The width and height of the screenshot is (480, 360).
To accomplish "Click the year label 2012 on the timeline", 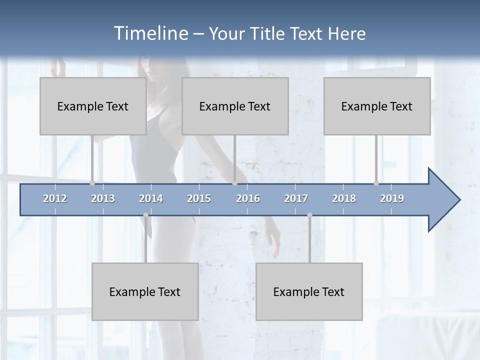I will tap(55, 198).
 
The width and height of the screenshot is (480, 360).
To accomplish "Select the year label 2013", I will tap(103, 198).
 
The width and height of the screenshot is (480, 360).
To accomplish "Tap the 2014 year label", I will tap(151, 198).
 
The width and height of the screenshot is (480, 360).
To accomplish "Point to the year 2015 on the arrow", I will tap(199, 198).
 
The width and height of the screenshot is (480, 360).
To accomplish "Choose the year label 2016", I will tap(248, 198).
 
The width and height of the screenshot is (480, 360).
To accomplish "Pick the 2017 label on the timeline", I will tap(296, 198).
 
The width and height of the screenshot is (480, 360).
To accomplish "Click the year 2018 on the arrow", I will tap(344, 198).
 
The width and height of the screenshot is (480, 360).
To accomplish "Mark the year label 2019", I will tap(392, 198).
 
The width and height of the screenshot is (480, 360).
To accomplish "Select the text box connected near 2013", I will tap(93, 106).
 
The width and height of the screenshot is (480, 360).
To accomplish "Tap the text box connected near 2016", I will tap(235, 106).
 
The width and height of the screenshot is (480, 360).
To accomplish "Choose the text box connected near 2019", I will tap(377, 106).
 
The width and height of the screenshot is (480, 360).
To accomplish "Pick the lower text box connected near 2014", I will tap(145, 291).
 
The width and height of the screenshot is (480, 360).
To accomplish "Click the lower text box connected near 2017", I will tap(309, 291).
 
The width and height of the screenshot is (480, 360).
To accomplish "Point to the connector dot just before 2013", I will tap(92, 183).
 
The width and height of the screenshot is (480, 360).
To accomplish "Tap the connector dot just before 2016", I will tap(234, 183).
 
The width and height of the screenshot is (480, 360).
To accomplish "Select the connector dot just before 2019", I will tap(376, 183).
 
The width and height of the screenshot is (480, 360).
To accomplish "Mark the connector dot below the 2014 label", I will tap(145, 215).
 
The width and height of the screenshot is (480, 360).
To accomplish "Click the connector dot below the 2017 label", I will tap(309, 215).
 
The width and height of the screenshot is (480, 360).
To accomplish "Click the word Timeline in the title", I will tap(150, 33).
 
